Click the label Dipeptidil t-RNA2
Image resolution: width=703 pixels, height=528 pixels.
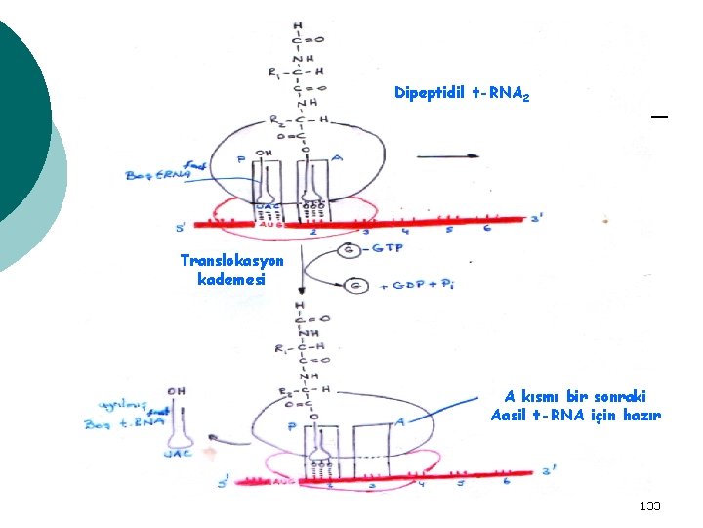point(462,93)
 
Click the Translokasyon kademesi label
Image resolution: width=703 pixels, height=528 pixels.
point(231,269)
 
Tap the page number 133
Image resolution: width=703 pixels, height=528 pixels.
point(649,506)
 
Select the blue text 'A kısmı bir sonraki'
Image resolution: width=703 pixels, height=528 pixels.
point(575,397)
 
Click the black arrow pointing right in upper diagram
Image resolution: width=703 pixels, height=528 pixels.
point(447,156)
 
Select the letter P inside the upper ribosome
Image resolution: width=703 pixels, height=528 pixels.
point(241,158)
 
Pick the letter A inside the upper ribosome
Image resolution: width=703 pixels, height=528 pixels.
point(338,157)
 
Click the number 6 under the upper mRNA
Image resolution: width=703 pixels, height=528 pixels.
point(485,229)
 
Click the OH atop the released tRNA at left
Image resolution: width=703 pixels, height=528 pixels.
point(177,391)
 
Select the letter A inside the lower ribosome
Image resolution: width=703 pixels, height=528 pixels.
point(400,422)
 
